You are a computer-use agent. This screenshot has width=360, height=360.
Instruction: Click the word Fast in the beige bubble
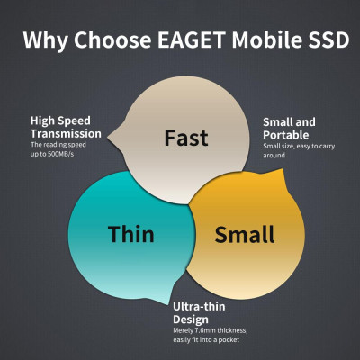click(x=186, y=138)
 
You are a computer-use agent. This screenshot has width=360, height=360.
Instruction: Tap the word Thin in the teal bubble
click(x=131, y=235)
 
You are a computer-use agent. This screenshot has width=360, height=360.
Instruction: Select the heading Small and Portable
click(x=290, y=127)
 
